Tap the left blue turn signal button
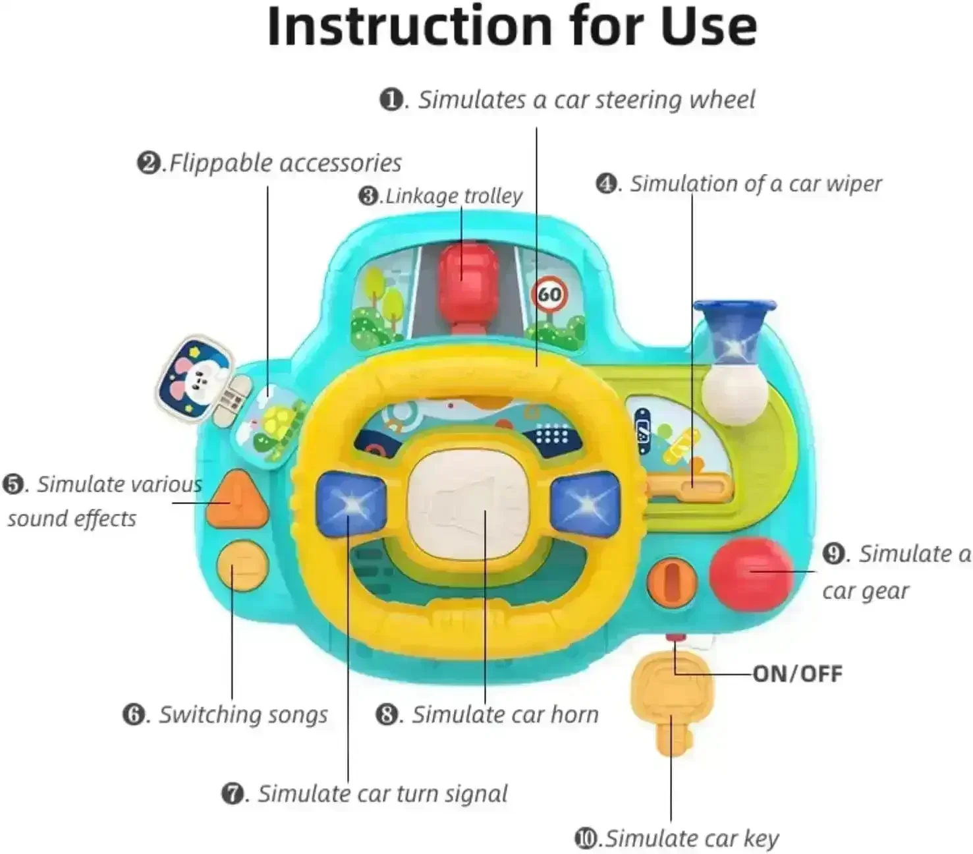(x=350, y=504)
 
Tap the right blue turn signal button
(x=585, y=504)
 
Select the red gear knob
(x=751, y=571)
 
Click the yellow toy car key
(x=671, y=703)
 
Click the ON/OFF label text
(x=797, y=673)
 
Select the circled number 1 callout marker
(x=392, y=100)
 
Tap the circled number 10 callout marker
(x=587, y=838)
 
